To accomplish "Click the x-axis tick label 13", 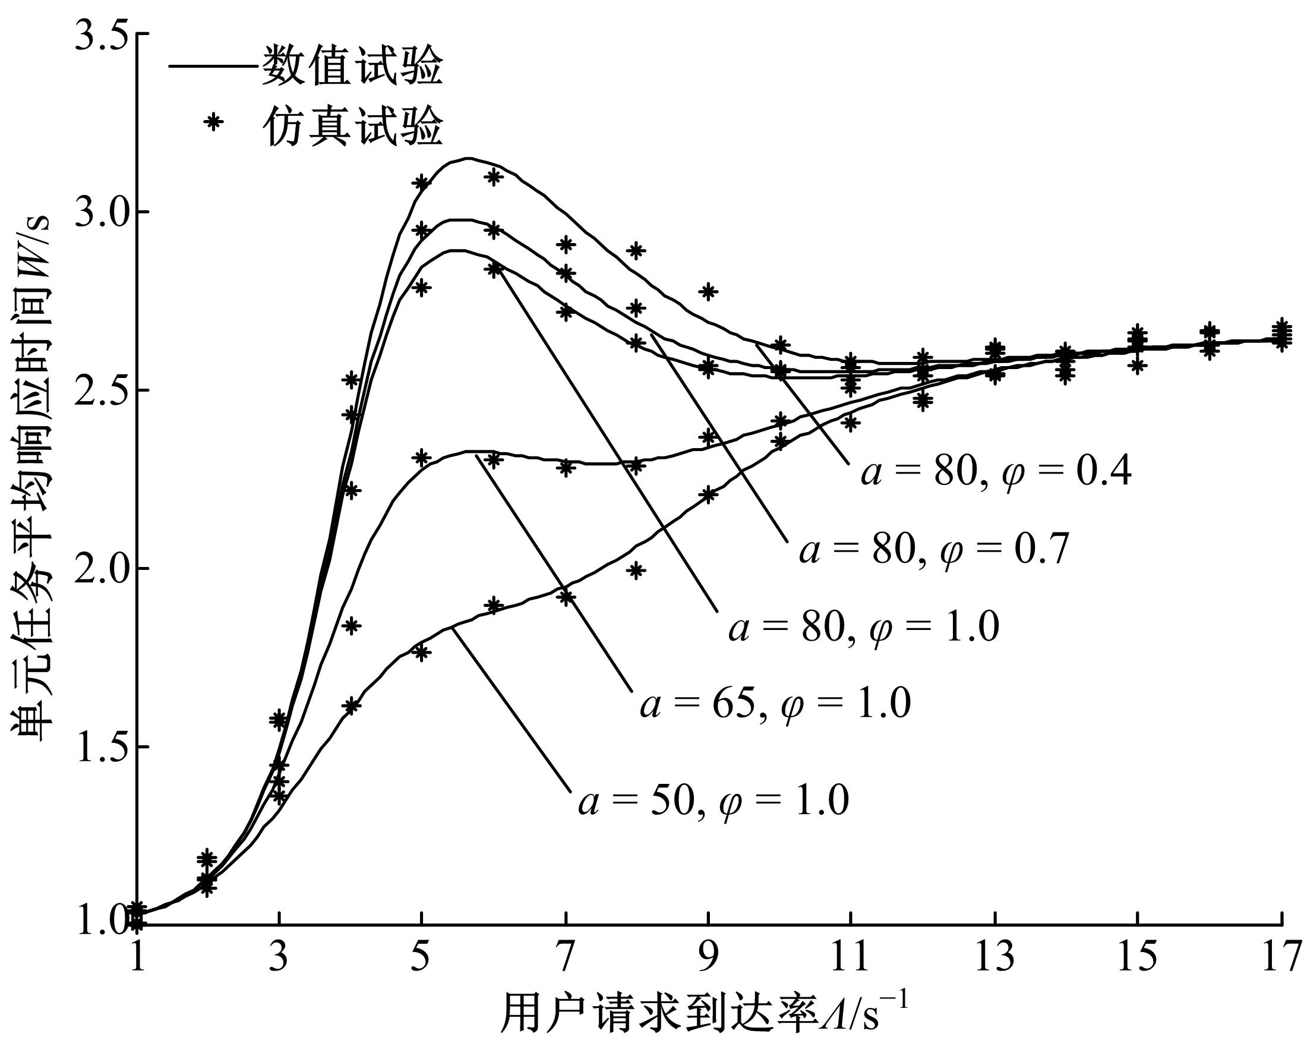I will click(x=994, y=956).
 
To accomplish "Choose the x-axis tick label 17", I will click(x=1281, y=956).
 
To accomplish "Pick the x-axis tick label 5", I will click(x=422, y=956).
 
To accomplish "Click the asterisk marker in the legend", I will click(x=212, y=122).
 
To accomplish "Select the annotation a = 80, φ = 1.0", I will click(x=864, y=627).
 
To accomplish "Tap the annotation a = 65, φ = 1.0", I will click(x=775, y=704).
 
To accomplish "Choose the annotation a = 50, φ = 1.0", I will click(x=713, y=801).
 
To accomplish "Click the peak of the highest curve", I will click(x=468, y=159).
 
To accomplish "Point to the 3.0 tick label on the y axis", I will click(x=99, y=213).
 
